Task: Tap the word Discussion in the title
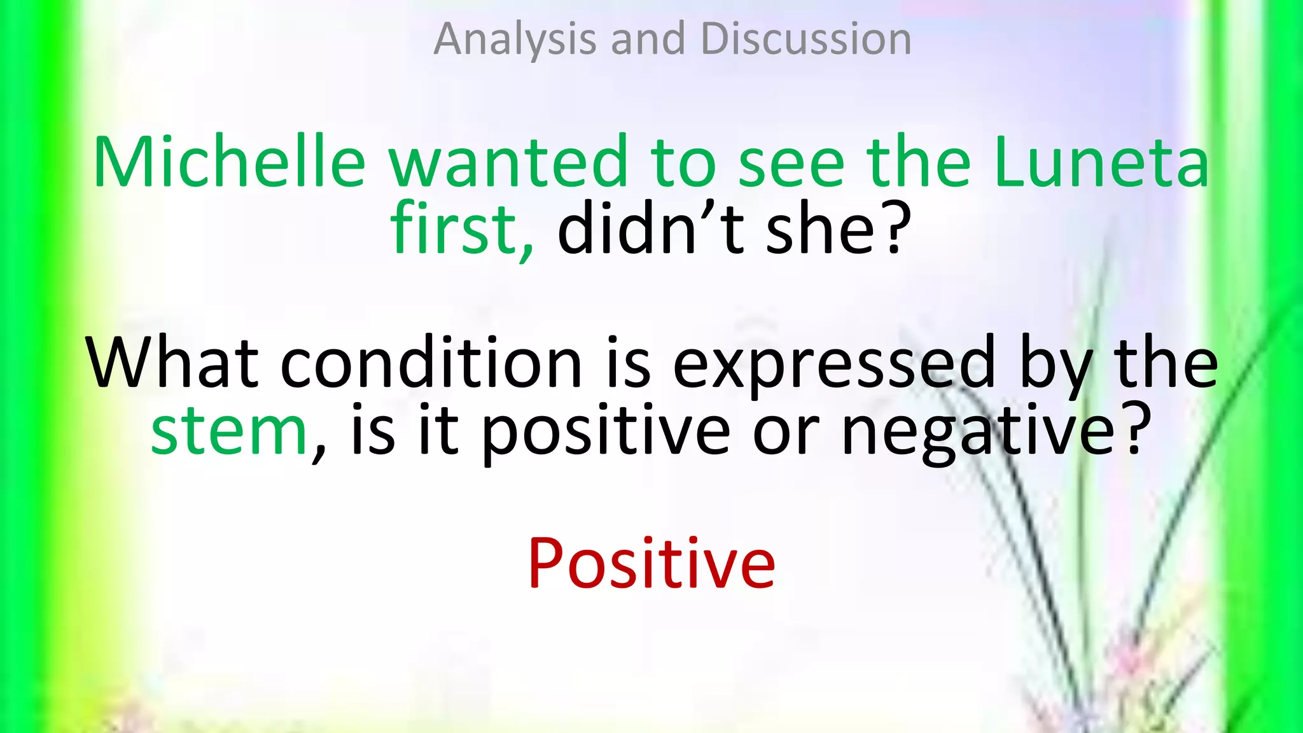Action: click(x=805, y=39)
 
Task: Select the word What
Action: click(x=172, y=363)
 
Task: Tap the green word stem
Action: click(x=230, y=431)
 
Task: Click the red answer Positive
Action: click(x=651, y=564)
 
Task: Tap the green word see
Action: click(x=791, y=164)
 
